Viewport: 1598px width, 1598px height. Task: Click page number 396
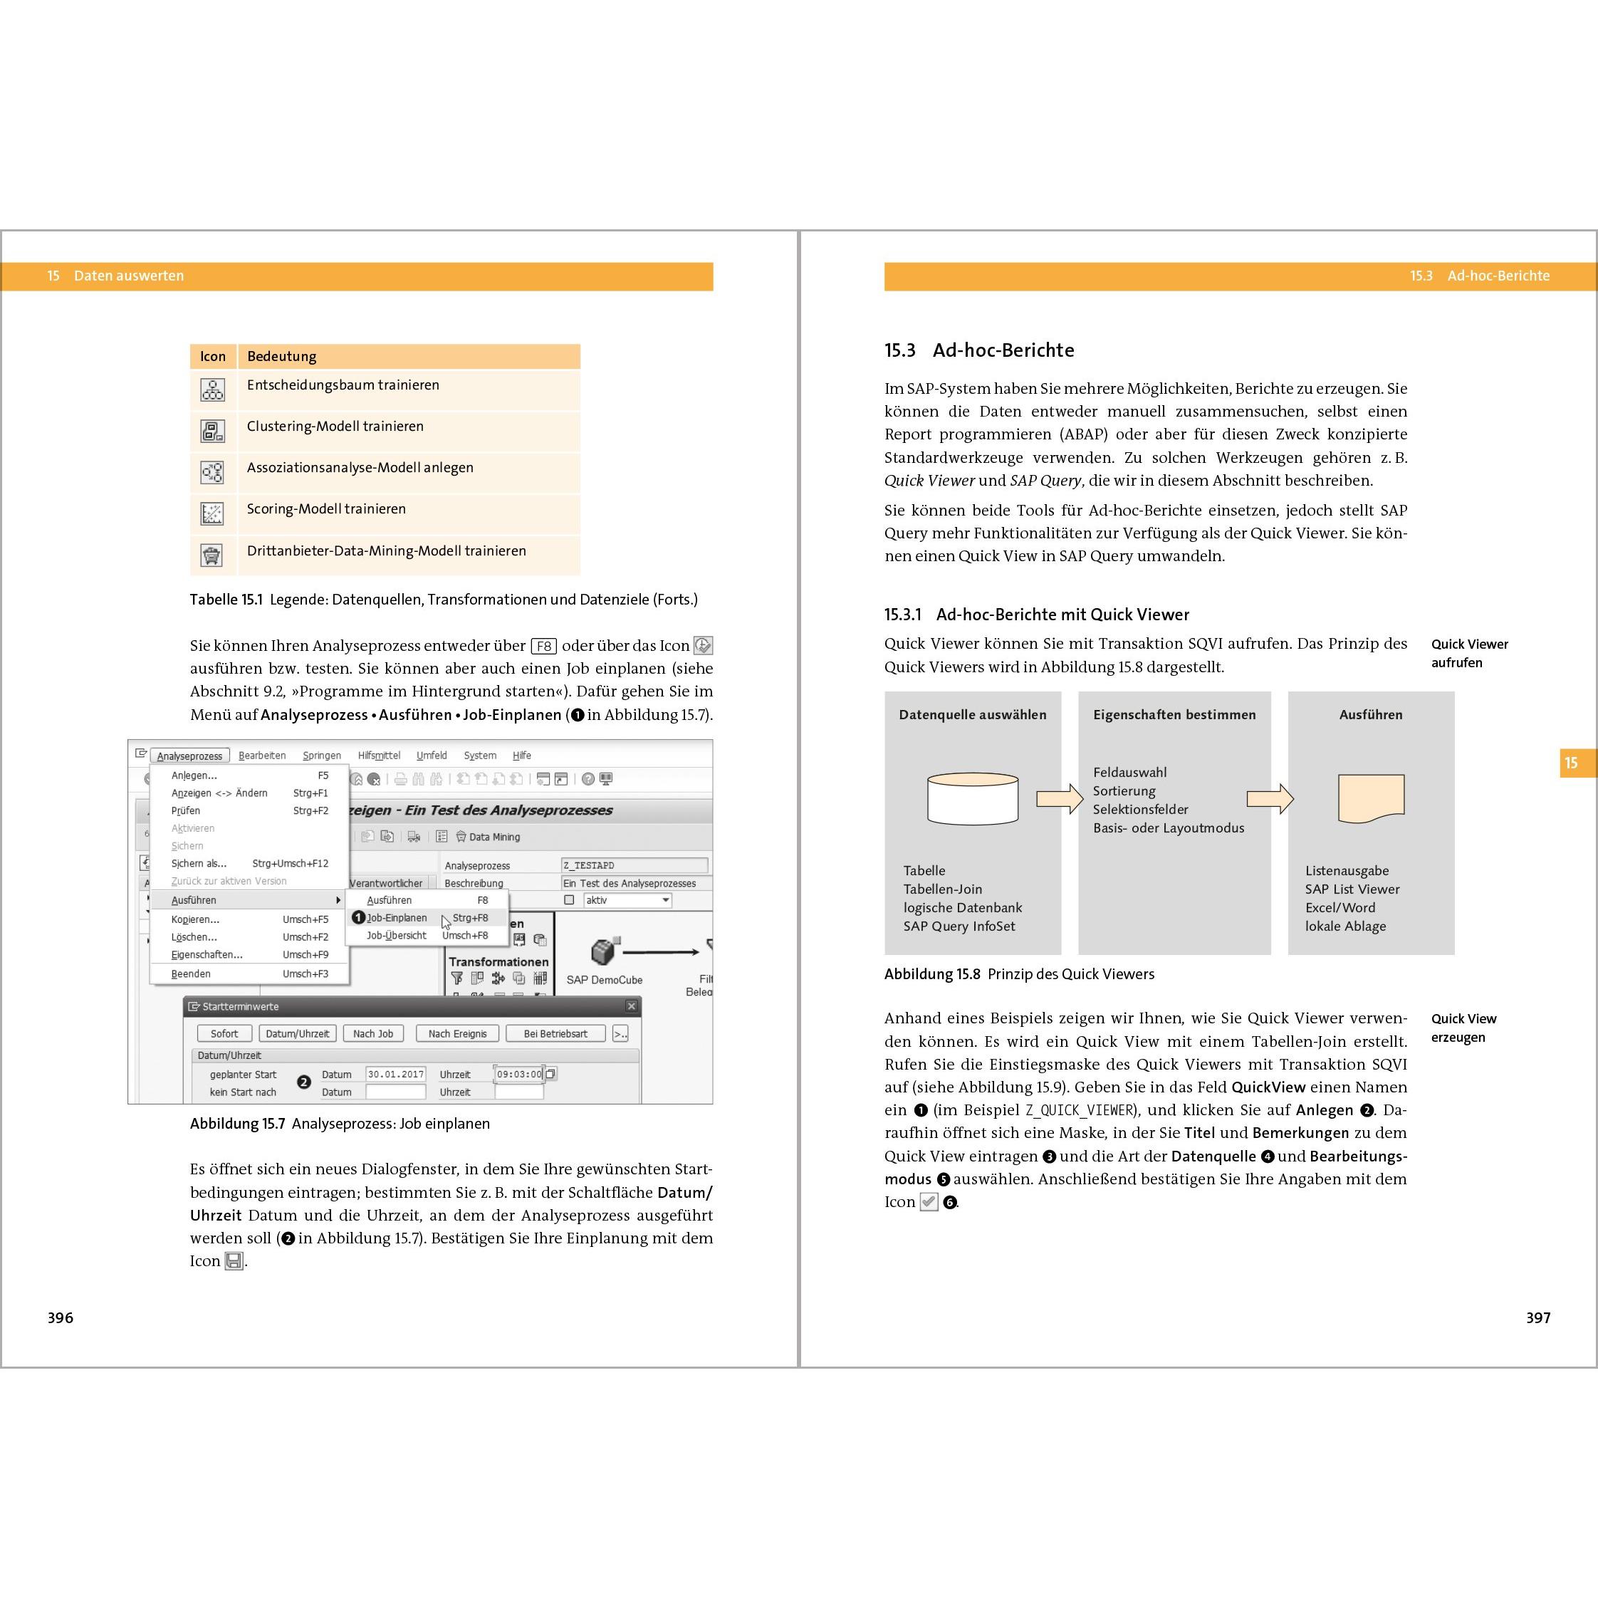pyautogui.click(x=61, y=1317)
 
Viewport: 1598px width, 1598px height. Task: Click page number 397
pyautogui.click(x=1537, y=1317)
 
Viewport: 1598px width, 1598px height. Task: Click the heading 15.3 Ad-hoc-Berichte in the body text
pyautogui.click(x=978, y=350)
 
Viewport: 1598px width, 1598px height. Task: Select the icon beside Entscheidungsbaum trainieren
pyautogui.click(x=213, y=390)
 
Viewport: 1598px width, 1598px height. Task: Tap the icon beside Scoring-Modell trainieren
pyautogui.click(x=213, y=513)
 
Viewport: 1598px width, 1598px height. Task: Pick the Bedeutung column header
pyautogui.click(x=282, y=357)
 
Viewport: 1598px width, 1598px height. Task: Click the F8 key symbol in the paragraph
pyautogui.click(x=543, y=646)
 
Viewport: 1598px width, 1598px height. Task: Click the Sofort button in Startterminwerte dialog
pyautogui.click(x=224, y=1034)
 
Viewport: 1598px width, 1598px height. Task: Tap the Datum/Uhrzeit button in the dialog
pyautogui.click(x=297, y=1034)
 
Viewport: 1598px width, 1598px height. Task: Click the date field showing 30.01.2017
pyautogui.click(x=395, y=1075)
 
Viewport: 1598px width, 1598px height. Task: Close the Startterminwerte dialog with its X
pyautogui.click(x=631, y=1007)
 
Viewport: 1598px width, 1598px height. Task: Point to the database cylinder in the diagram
pyautogui.click(x=973, y=799)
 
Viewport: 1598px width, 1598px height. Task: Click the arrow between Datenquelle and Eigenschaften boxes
pyautogui.click(x=1060, y=799)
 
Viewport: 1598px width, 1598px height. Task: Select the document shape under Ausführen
pyautogui.click(x=1371, y=798)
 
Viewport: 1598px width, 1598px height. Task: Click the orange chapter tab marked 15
pyautogui.click(x=1572, y=763)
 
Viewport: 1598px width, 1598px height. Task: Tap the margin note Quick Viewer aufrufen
pyautogui.click(x=1469, y=654)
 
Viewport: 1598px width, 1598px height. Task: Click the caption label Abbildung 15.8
pyautogui.click(x=931, y=974)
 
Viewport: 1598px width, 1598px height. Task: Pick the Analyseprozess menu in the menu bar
pyautogui.click(x=189, y=756)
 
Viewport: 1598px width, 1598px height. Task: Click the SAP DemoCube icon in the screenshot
pyautogui.click(x=605, y=952)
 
